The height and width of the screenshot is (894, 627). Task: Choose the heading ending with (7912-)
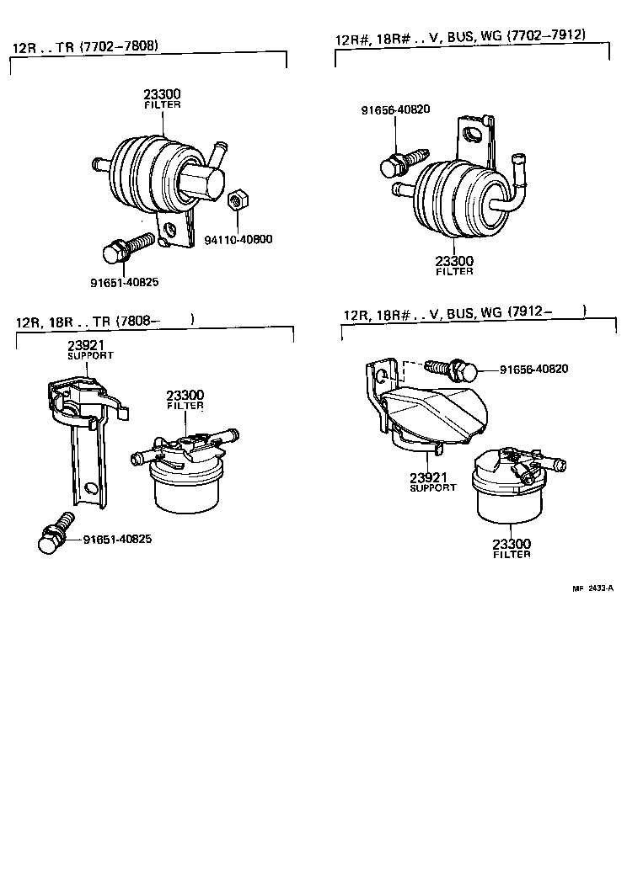464,313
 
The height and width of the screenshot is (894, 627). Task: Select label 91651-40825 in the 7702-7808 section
125,282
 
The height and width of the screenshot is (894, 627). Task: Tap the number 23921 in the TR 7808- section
85,346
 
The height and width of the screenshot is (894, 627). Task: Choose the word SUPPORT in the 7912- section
432,488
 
